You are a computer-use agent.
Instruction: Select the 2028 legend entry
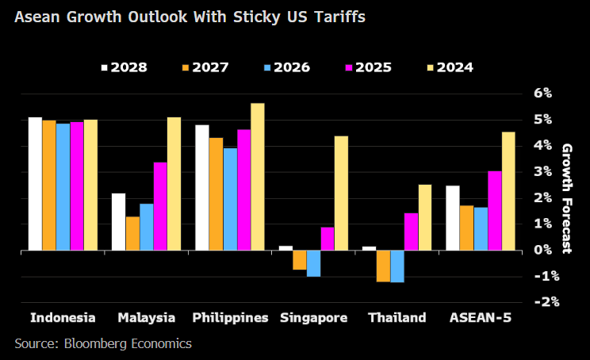[123, 67]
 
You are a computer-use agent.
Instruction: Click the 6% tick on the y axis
[542, 94]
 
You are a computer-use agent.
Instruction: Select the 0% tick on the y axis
[542, 250]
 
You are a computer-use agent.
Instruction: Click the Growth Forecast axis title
[567, 198]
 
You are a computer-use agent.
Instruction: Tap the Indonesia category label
[63, 318]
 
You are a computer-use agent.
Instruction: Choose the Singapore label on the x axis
[313, 318]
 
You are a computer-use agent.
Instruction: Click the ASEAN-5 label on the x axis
[481, 318]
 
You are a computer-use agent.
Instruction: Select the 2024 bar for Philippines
[258, 177]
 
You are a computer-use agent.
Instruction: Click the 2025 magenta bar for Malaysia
[160, 206]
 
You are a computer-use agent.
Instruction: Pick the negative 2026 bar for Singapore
[313, 263]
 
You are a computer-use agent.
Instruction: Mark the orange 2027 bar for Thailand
[383, 266]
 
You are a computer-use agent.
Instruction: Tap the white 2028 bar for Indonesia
[35, 183]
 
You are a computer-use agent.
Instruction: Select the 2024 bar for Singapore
[341, 193]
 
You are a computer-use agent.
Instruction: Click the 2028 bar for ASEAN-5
[453, 218]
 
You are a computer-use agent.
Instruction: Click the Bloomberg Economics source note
[103, 344]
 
